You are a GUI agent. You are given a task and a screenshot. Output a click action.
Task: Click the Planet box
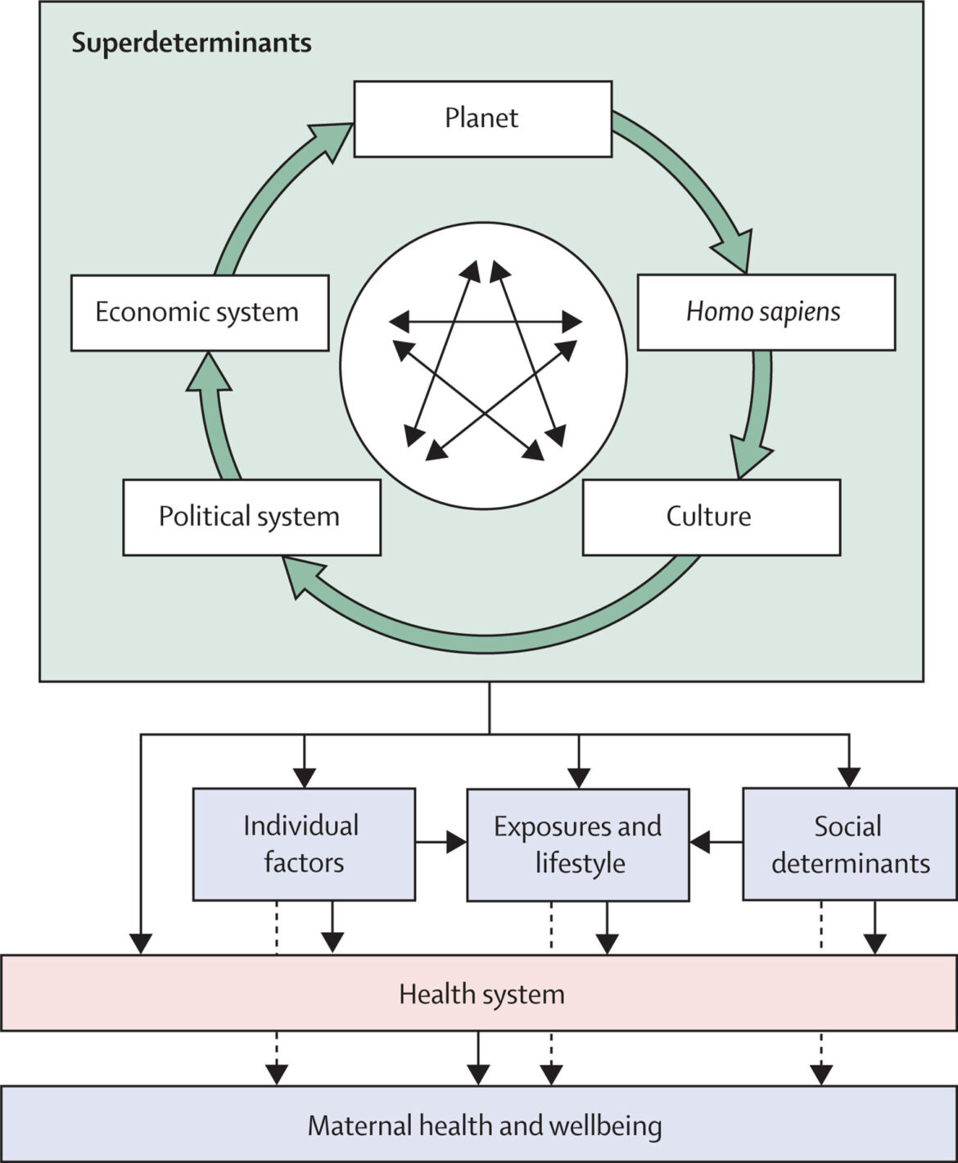coord(482,119)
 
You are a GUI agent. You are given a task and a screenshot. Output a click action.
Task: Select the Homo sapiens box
coord(766,312)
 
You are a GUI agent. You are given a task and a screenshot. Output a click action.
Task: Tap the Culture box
coord(711,517)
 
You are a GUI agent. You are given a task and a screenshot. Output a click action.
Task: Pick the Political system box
coord(251,517)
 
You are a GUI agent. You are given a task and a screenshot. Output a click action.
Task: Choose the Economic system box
coord(199,313)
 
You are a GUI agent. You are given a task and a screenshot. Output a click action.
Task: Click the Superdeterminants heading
coord(192,43)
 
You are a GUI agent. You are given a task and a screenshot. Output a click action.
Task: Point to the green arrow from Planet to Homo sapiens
coord(692,180)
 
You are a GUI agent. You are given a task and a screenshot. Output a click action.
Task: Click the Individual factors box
coord(304,844)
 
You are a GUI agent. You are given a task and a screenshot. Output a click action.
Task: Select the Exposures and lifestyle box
coord(578,844)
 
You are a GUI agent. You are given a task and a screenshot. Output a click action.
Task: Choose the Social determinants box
coord(850,844)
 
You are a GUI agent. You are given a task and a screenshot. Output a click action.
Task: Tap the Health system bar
coord(481,993)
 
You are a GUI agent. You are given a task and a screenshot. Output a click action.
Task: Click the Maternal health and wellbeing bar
coord(483,1125)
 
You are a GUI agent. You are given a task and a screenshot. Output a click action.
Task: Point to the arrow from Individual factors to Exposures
coord(441,842)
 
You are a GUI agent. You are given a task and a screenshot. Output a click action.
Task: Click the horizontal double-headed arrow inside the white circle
coord(485,322)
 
